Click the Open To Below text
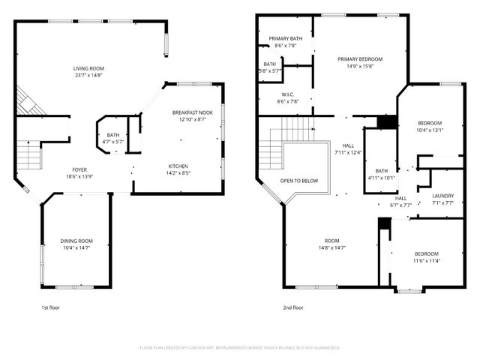coord(299,181)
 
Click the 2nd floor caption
coord(293,307)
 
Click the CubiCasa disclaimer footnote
coord(240,348)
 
